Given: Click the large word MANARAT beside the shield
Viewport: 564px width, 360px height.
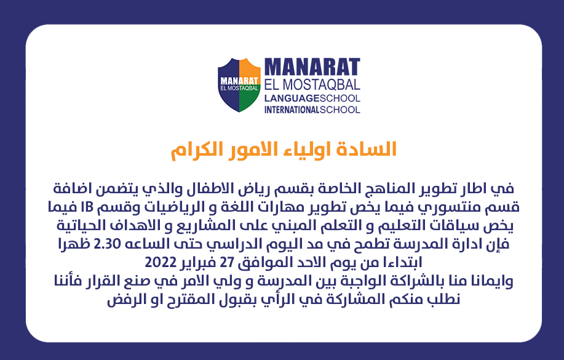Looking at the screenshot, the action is (x=312, y=67).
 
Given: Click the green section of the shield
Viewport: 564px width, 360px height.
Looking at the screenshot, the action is (x=248, y=100).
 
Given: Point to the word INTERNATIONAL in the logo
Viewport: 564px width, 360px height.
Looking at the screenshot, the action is (x=292, y=110).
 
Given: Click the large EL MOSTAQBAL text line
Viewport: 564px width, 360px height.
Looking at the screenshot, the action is (x=312, y=84).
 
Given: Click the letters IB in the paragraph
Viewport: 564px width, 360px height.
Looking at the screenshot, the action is (x=89, y=207).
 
